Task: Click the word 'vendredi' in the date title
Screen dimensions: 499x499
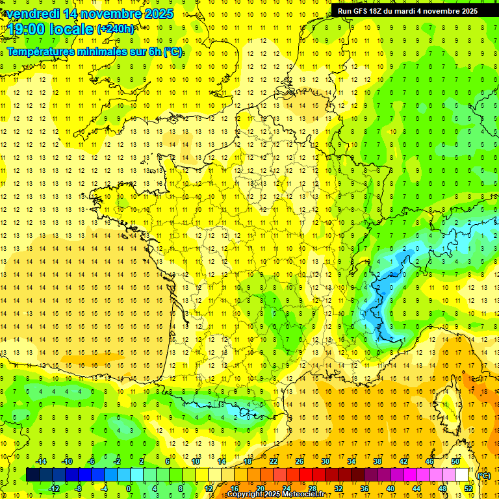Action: click(32, 14)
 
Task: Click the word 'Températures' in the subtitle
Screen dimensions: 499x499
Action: click(40, 52)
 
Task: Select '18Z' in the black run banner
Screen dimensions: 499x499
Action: click(381, 11)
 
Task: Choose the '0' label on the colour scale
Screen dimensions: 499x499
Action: click(129, 488)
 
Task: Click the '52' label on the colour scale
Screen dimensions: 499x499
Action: click(468, 488)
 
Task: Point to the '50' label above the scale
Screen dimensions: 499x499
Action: click(455, 461)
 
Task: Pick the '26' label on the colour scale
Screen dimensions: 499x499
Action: click(300, 461)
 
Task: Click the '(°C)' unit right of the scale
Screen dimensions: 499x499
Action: click(483, 476)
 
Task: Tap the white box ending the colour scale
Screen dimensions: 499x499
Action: click(462, 475)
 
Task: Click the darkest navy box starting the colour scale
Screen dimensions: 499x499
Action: click(33, 475)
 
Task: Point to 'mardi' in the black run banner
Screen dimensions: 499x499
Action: click(413, 11)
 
